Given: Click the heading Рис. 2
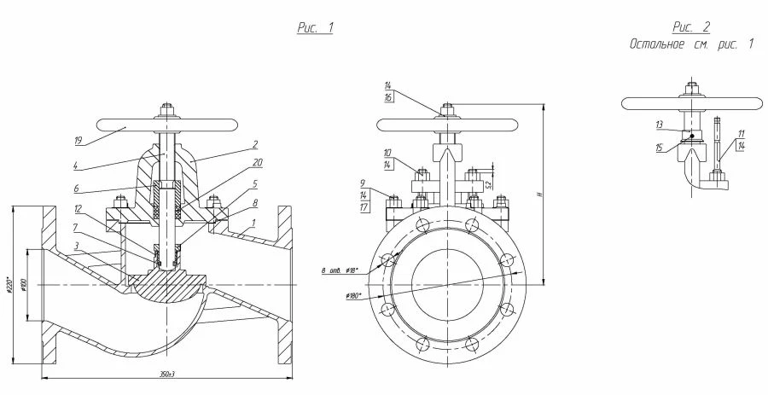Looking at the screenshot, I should coord(691,27).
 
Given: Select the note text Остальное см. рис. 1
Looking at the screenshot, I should coord(691,44).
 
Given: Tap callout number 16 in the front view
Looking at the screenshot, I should coord(388,98).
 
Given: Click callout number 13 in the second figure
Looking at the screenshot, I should coord(660,125).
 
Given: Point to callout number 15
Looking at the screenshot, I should coord(660,147).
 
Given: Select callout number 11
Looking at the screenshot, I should coord(742,133).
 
